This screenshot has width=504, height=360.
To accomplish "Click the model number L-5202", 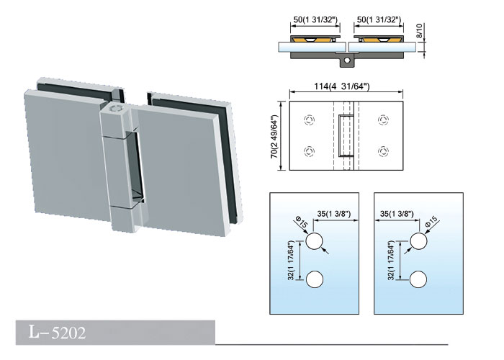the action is click(x=57, y=332).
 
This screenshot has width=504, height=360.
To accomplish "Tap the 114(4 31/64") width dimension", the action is click(x=342, y=86).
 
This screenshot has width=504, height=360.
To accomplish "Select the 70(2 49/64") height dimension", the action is click(x=274, y=136).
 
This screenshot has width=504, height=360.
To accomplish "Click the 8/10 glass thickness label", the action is click(x=420, y=31).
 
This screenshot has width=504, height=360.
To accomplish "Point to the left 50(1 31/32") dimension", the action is click(x=315, y=19).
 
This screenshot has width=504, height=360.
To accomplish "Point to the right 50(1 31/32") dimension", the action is click(x=379, y=19).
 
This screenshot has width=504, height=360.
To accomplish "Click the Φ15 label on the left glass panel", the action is click(x=301, y=222).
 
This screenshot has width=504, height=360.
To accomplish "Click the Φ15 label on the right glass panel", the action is click(x=431, y=222).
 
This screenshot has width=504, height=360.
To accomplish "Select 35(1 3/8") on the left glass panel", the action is click(x=333, y=214).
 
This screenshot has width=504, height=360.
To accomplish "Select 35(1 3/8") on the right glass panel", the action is click(x=397, y=214).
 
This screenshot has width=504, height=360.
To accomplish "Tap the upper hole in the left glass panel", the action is click(x=314, y=241).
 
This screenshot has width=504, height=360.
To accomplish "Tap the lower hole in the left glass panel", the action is click(x=314, y=279).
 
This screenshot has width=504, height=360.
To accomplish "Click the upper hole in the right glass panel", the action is click(x=418, y=241).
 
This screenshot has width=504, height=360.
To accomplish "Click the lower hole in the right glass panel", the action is click(x=418, y=279).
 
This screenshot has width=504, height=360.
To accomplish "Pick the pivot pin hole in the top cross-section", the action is click(x=347, y=60).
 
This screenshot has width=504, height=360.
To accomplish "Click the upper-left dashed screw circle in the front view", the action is click(x=309, y=120).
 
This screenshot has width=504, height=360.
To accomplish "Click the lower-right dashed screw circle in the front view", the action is click(x=383, y=150).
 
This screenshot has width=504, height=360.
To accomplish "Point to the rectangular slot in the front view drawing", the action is click(x=344, y=135).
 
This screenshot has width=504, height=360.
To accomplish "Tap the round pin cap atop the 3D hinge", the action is click(x=114, y=108).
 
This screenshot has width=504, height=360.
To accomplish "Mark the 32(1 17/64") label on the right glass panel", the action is click(x=391, y=261).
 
